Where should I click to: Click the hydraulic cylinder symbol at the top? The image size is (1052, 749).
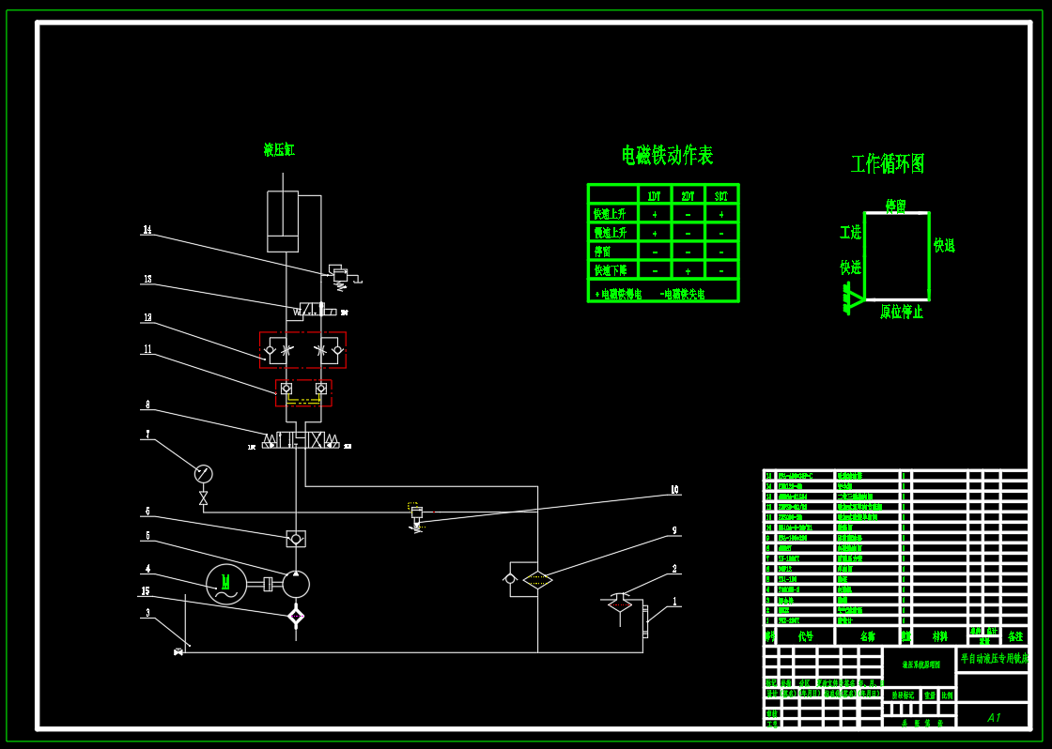[x=283, y=222]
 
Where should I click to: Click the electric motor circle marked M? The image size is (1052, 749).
[x=225, y=583]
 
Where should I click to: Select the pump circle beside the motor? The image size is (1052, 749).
[x=295, y=584]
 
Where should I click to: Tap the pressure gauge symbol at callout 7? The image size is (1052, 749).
[x=204, y=473]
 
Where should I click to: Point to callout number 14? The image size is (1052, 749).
[x=147, y=230]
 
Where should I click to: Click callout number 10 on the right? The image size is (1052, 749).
[x=673, y=489]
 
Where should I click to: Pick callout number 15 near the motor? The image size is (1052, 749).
[x=145, y=591]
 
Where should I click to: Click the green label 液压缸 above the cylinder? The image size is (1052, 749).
[x=279, y=150]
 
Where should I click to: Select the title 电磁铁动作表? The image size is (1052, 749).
[x=667, y=155]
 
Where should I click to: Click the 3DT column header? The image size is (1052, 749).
[x=720, y=196]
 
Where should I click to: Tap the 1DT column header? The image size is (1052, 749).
[x=655, y=196]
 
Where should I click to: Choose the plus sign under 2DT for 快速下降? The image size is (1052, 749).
[x=688, y=271]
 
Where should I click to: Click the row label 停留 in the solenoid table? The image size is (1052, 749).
[x=602, y=252]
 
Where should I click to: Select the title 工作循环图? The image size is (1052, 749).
[x=888, y=164]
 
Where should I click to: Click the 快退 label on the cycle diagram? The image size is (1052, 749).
[x=944, y=245]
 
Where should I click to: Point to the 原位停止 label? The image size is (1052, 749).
[x=902, y=312]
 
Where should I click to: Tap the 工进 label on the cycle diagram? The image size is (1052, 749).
[x=850, y=232]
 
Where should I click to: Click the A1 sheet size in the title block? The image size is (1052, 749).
[x=994, y=717]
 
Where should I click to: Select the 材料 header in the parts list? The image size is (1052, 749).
[x=939, y=635]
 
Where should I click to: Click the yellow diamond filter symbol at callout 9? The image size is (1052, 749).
[x=538, y=579]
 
